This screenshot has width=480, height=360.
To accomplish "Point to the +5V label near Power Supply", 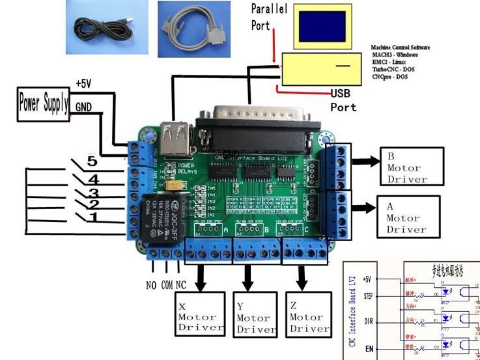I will click(84, 84).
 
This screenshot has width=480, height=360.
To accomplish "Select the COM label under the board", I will click(167, 284).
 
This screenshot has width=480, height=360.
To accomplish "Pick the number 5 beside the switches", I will click(92, 161).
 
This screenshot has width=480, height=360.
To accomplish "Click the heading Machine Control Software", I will click(401, 48).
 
